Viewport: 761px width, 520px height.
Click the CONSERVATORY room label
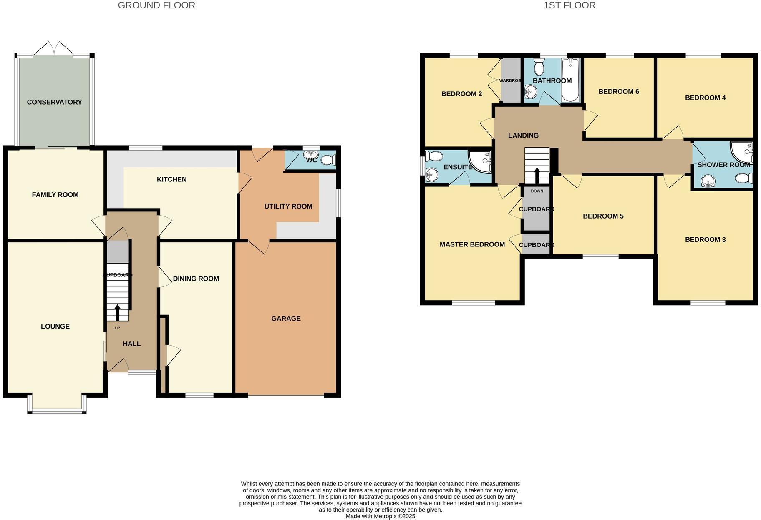click(x=54, y=102)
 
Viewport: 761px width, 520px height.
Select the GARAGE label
click(x=286, y=319)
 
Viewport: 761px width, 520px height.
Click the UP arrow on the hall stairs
click(x=117, y=312)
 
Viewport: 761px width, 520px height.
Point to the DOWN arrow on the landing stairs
click(x=537, y=176)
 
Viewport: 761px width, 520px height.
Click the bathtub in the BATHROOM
click(x=571, y=80)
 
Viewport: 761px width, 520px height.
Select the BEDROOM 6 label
click(x=618, y=92)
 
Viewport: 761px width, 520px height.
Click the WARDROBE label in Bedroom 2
click(x=510, y=80)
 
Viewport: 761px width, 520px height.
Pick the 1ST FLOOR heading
click(x=569, y=5)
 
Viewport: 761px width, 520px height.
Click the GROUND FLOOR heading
click(x=156, y=5)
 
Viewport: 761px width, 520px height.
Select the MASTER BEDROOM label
click(x=472, y=244)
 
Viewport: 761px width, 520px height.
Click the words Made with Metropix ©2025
click(x=380, y=516)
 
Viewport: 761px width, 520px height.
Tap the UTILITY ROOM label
click(x=288, y=206)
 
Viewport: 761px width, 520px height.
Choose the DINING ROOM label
click(x=196, y=279)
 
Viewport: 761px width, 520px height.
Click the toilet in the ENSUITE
click(x=434, y=157)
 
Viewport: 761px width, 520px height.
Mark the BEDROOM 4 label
click(x=705, y=98)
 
